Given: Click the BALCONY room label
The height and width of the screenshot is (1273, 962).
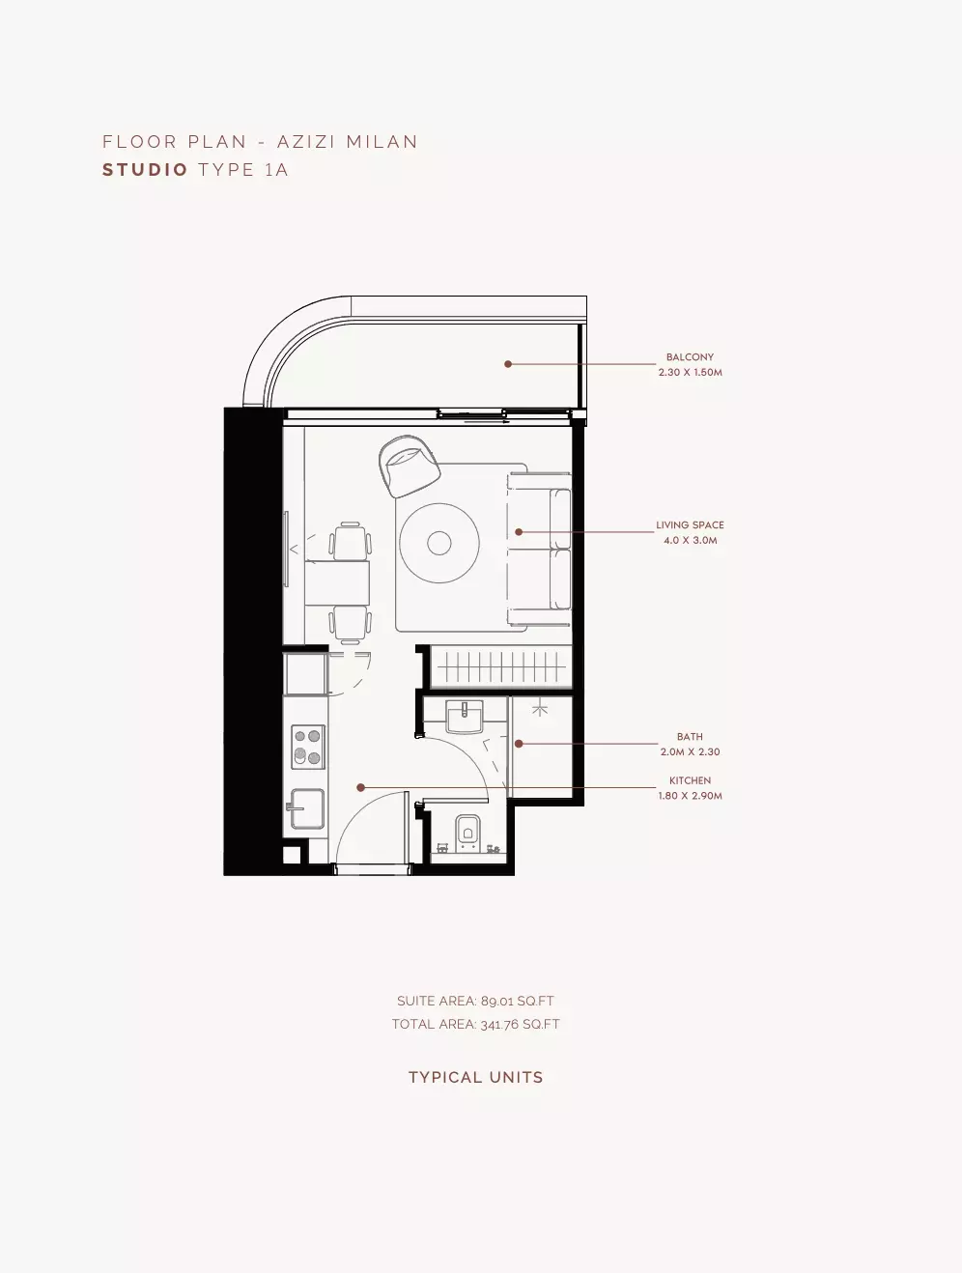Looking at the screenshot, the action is (x=690, y=357).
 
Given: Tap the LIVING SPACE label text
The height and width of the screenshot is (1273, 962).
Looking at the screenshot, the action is (x=690, y=524).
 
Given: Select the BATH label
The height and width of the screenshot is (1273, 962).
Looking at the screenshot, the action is (x=690, y=737).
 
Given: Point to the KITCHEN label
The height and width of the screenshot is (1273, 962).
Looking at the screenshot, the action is (x=690, y=780).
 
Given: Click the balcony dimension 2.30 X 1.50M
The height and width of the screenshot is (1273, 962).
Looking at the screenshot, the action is (x=690, y=372).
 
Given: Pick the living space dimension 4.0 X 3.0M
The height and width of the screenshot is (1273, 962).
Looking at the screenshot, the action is (x=690, y=541).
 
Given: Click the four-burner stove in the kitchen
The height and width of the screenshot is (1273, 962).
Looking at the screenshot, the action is (x=307, y=747).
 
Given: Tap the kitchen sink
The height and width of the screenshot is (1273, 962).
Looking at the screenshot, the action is (x=307, y=808).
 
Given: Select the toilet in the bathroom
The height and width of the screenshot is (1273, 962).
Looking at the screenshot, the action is (x=467, y=834).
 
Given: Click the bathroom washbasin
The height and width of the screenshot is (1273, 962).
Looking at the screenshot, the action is (x=465, y=717).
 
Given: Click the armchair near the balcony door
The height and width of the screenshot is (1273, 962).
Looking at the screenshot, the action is (x=410, y=467).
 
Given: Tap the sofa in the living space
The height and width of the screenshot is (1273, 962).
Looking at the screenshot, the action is (x=539, y=550).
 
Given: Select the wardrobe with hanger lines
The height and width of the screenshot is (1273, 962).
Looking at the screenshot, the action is (x=501, y=667).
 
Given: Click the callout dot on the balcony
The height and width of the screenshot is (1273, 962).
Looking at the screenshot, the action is (x=508, y=364).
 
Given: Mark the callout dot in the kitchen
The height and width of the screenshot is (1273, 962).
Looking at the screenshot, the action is (x=360, y=787).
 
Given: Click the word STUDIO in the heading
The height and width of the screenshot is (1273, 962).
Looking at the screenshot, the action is (x=145, y=170).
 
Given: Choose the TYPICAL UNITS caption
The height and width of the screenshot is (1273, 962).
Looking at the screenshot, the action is (x=475, y=1078).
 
